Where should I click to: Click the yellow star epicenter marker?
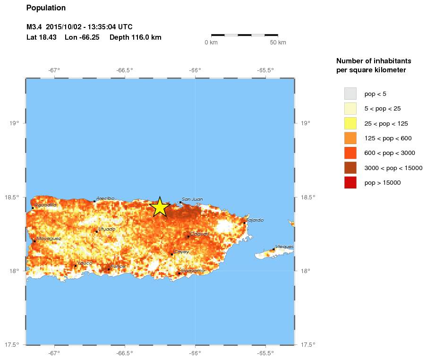160,207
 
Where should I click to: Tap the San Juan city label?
192,199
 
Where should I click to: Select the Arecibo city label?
105,198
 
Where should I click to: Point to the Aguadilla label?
46,205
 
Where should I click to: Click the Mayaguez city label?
49,239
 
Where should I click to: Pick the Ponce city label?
118,267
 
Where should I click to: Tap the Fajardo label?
255,220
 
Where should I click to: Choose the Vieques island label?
284,247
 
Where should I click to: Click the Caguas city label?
199,234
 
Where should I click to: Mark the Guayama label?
193,271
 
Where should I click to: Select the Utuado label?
106,229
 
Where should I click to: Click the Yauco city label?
85,263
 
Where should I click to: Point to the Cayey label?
181,252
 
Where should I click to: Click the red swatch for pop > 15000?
350,182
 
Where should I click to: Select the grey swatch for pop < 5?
350,94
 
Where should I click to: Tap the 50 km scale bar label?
278,43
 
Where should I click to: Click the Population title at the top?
46,8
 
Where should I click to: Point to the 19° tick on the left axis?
15,123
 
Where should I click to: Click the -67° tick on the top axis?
54,70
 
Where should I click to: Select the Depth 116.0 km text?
136,37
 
